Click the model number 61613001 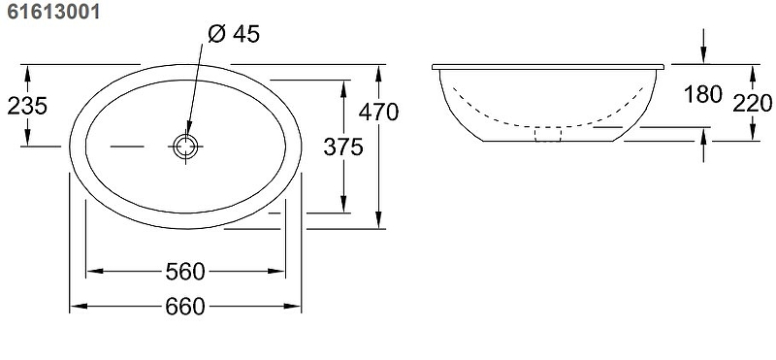tap(53, 11)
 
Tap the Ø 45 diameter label tap(234, 34)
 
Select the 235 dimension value tap(27, 106)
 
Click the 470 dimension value tap(378, 112)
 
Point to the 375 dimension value tap(343, 147)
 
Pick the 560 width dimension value tap(185, 272)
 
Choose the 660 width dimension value tap(185, 307)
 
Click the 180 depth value tap(703, 94)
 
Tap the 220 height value tap(753, 104)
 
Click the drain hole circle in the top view tap(185, 147)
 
